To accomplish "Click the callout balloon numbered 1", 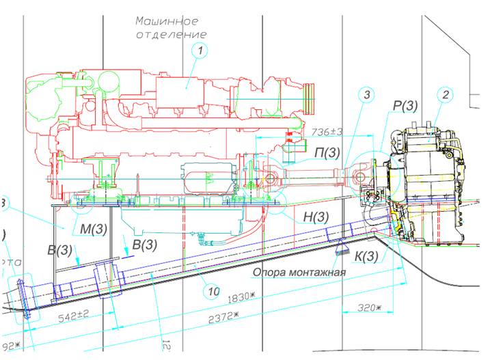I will point(199,50).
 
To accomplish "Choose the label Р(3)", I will point(406,106).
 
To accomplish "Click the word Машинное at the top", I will point(167,21).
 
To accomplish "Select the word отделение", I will point(171,33).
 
